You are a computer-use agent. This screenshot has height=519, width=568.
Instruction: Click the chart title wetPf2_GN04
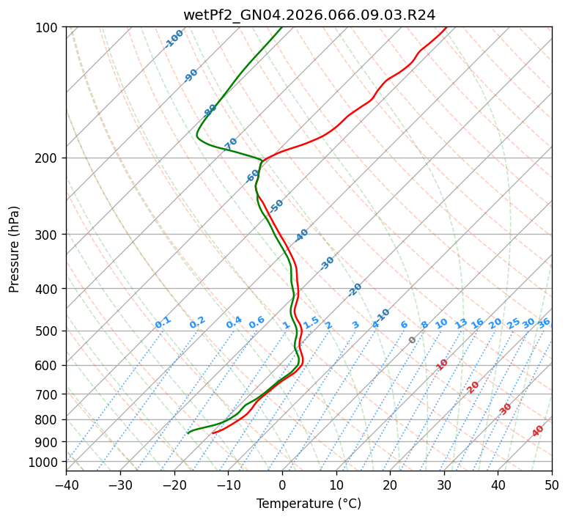[x=309, y=15]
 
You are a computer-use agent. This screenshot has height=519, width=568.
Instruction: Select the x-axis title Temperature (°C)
[x=309, y=504]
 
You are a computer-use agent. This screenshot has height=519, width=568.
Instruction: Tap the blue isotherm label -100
[x=174, y=38]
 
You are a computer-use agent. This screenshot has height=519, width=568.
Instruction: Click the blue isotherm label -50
[x=276, y=206]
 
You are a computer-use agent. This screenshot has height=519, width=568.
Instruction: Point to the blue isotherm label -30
[x=327, y=262]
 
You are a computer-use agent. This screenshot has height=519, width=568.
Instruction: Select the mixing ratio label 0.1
[x=163, y=322]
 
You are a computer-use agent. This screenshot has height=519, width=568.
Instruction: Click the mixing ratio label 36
[x=544, y=323]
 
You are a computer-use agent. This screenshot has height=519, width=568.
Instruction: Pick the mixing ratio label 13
[x=461, y=323]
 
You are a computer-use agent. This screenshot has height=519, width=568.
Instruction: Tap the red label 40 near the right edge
[x=538, y=431]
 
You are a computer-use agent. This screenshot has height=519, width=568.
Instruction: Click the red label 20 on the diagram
[x=473, y=386]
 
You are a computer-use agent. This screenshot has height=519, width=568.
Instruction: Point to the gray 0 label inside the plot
[x=413, y=340]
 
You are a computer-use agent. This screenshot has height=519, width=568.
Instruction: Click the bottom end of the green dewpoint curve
[x=188, y=432]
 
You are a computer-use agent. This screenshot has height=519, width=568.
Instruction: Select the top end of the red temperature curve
[x=446, y=28]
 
